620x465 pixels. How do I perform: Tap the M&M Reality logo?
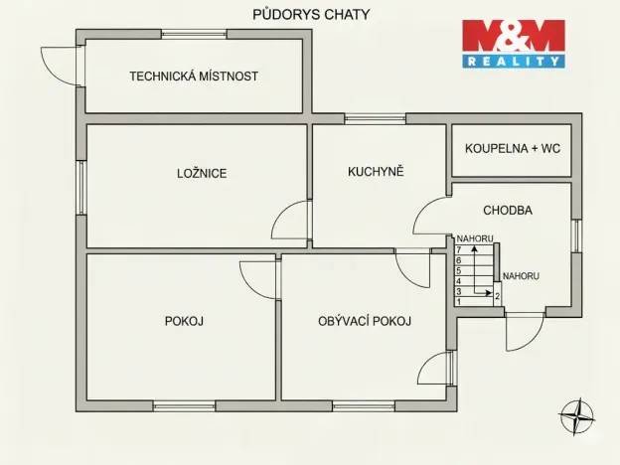(x=514, y=44)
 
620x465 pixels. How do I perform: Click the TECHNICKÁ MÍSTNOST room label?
(x=194, y=76)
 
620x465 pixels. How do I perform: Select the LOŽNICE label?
(x=202, y=173)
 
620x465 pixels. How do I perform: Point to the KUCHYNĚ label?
(x=376, y=171)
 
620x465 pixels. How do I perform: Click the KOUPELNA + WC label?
(x=513, y=148)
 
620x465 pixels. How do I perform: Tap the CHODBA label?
(x=508, y=211)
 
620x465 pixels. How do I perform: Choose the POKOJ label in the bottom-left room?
(x=184, y=321)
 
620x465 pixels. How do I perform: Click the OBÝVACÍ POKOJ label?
(x=365, y=321)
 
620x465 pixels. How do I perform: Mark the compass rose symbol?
(x=574, y=414)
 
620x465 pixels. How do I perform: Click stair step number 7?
(x=459, y=248)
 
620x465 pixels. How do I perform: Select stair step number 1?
(x=459, y=301)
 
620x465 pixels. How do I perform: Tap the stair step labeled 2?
(x=497, y=295)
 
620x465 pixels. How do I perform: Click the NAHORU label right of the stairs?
(x=521, y=276)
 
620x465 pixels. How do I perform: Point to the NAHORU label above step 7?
(x=475, y=238)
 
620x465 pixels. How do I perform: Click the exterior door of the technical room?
(x=62, y=66)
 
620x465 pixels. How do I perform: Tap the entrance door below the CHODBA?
(x=524, y=331)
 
